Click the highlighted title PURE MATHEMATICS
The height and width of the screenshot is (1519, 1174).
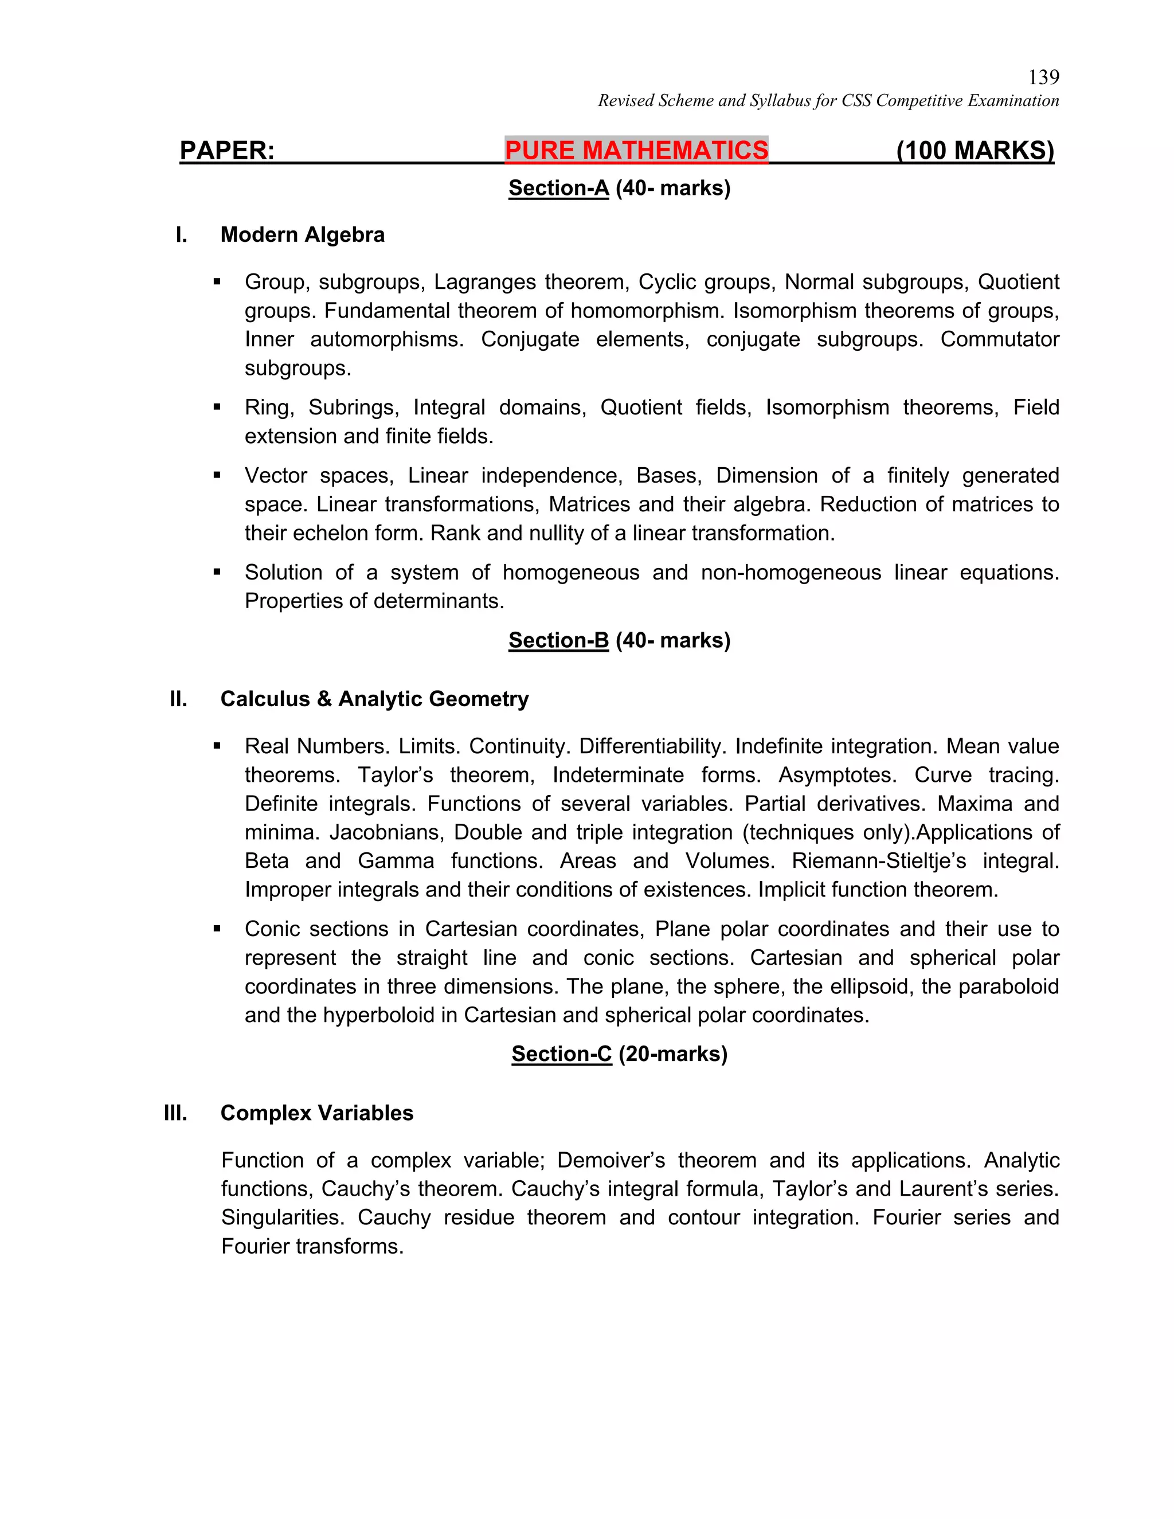click(x=636, y=150)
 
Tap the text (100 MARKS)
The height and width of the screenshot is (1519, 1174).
click(x=975, y=150)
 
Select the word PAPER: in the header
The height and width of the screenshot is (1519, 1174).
click(x=227, y=150)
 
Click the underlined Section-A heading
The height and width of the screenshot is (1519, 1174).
click(x=558, y=188)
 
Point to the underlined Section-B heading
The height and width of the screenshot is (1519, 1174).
click(x=558, y=640)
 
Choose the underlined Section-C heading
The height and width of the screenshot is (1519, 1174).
click(x=561, y=1054)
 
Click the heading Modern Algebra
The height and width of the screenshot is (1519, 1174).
click(x=302, y=234)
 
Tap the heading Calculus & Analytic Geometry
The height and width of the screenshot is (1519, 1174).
click(x=374, y=698)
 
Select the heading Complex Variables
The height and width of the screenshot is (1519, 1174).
click(x=316, y=1113)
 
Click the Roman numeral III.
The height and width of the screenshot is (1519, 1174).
click(x=175, y=1113)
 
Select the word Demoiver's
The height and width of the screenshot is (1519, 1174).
click(x=611, y=1160)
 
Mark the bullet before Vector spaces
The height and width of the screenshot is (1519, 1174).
click(x=217, y=476)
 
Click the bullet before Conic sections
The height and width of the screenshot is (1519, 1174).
click(x=217, y=929)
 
